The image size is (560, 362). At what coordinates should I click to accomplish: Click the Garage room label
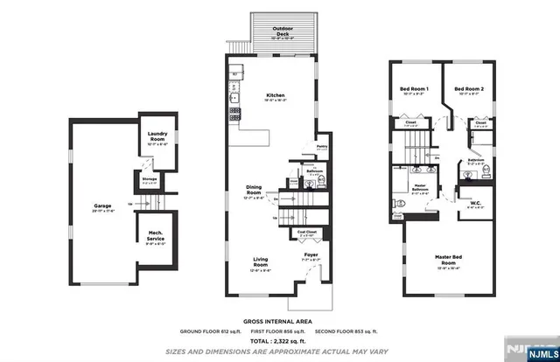coord(102,207)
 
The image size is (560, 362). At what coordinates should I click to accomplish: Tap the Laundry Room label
coord(157,136)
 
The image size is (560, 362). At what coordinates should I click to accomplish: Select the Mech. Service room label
coord(156,239)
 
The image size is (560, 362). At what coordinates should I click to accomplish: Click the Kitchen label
coord(276,95)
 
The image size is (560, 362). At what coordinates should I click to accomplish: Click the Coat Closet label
coord(306,233)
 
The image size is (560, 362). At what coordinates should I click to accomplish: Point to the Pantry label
coord(321,146)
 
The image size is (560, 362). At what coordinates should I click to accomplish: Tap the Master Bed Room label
coord(447,260)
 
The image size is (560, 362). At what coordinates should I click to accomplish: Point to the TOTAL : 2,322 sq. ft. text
coord(279,340)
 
